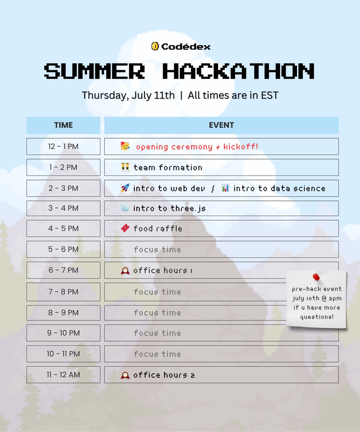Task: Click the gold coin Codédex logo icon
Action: click(155, 46)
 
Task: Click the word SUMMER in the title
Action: click(94, 71)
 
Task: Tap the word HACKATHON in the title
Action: click(238, 71)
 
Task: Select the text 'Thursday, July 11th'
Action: click(128, 95)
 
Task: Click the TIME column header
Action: click(63, 125)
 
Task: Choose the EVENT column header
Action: click(221, 125)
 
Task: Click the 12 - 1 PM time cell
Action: click(63, 147)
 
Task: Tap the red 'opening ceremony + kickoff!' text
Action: click(197, 147)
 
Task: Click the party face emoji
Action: click(125, 146)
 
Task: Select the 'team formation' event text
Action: click(168, 167)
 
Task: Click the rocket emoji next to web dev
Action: click(125, 188)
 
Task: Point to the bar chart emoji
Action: click(225, 188)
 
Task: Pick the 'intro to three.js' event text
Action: click(169, 208)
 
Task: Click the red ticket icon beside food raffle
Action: click(125, 228)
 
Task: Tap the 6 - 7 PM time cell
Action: click(63, 270)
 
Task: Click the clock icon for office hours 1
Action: click(125, 270)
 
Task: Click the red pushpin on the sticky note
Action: click(316, 277)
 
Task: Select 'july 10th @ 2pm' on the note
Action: click(317, 298)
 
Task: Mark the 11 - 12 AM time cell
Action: click(63, 375)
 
